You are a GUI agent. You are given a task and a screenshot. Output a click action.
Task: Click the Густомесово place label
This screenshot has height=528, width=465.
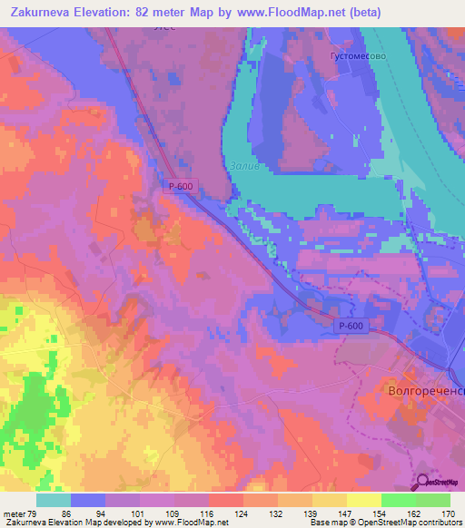359,55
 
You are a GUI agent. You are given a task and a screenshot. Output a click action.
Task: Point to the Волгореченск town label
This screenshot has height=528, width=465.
425,393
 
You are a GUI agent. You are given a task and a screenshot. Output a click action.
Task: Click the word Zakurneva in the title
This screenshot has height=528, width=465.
40,12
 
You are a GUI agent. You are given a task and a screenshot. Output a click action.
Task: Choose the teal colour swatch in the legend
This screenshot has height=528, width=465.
54,500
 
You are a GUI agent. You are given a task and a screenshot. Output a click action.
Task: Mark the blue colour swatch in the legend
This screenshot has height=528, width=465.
88,500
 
